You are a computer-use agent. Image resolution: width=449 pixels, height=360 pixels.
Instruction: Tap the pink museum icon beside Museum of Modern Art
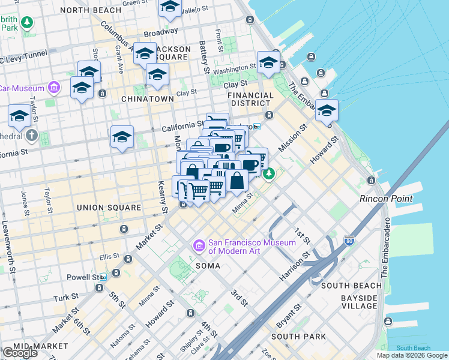tap(199, 246)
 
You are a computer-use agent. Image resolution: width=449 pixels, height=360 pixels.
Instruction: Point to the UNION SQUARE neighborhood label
tap(109, 208)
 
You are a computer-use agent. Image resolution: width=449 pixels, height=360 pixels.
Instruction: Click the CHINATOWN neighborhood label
tap(147, 98)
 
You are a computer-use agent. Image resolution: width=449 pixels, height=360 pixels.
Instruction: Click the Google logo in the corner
tap(20, 353)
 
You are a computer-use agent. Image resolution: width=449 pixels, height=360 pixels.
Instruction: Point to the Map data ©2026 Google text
tap(411, 355)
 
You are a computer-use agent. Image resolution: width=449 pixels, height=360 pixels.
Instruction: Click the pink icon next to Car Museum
tap(54, 88)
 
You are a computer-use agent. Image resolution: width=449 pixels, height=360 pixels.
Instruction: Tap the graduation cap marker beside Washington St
tap(268, 62)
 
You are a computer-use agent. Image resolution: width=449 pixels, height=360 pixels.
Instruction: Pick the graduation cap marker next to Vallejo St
tap(170, 8)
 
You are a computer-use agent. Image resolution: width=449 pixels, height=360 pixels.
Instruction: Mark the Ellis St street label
tap(109, 256)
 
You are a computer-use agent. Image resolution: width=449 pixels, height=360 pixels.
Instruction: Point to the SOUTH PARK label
tap(306, 337)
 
